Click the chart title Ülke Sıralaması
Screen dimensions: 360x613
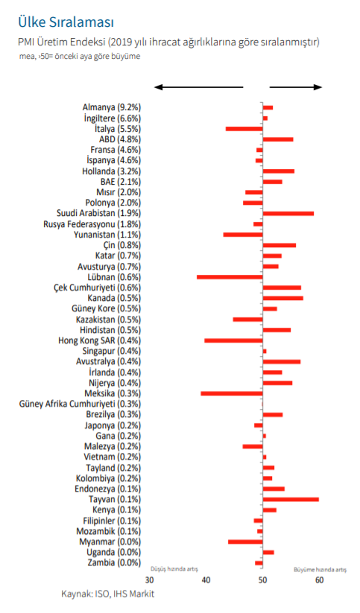66,22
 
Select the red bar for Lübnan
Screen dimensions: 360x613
230,277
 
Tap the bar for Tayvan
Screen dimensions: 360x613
291,499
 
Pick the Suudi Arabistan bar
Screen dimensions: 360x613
288,214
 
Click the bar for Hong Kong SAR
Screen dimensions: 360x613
233,340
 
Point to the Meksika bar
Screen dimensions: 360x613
232,393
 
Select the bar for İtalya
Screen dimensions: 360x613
244,129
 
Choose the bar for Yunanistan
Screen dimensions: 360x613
243,235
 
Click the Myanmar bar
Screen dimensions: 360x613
245,541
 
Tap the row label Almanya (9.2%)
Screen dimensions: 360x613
112,107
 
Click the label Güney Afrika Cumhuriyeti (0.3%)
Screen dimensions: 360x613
80,404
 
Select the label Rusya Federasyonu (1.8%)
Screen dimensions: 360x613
92,224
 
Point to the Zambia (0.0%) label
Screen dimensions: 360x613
114,563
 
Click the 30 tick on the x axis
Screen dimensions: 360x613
150,580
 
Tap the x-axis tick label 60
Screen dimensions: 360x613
319,580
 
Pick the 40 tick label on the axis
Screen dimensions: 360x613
206,580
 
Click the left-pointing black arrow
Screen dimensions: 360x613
199,87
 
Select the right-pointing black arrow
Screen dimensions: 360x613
296,87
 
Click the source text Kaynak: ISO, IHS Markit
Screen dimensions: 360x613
107,594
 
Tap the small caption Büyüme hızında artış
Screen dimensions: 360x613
320,570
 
